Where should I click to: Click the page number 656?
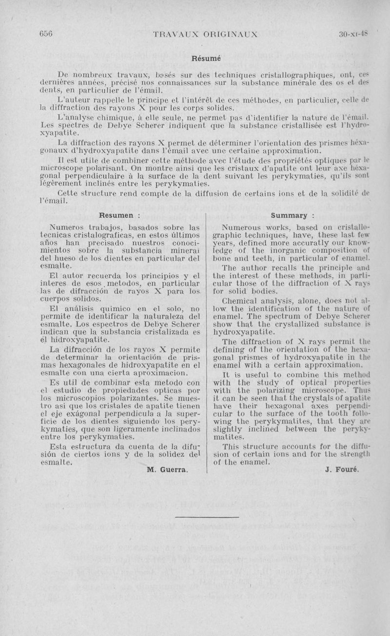(x=46, y=34)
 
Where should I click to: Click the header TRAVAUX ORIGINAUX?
(x=205, y=34)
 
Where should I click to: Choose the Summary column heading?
(x=292, y=215)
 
